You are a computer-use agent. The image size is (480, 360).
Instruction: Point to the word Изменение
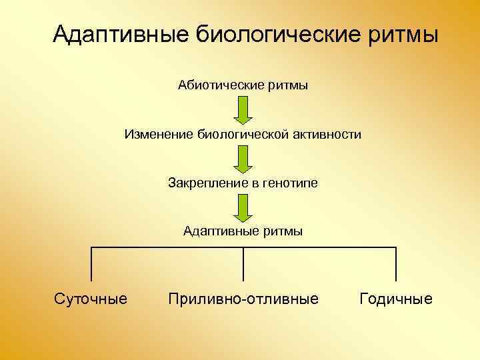(x=158, y=135)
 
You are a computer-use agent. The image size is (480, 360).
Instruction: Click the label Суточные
(x=90, y=299)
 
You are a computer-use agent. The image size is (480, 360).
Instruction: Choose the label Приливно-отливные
(x=243, y=299)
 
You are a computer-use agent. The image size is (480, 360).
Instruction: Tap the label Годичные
(x=395, y=299)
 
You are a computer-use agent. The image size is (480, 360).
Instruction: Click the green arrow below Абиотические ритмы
(x=243, y=109)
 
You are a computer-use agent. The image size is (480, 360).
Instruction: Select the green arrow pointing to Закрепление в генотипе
(x=243, y=158)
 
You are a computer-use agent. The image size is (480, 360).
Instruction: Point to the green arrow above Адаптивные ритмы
(x=243, y=207)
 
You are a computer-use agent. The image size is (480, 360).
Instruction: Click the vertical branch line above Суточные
(x=91, y=264)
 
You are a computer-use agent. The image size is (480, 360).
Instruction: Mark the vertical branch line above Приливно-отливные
(x=243, y=264)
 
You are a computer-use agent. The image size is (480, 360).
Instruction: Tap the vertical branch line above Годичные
(x=395, y=264)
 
